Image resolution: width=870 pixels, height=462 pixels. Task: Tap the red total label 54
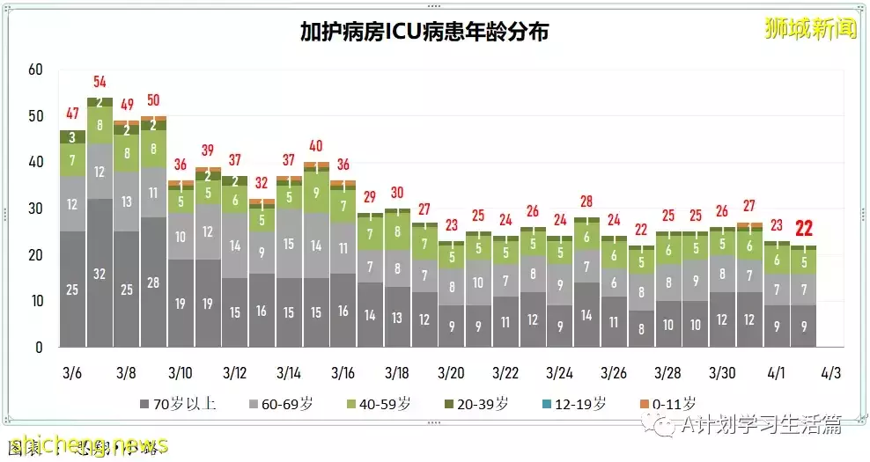pyautogui.click(x=100, y=84)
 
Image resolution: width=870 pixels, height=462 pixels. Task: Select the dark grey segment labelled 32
pyautogui.click(x=100, y=273)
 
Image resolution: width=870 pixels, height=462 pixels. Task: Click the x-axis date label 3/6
pyautogui.click(x=72, y=373)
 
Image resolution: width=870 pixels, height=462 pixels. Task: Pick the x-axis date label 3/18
pyautogui.click(x=396, y=373)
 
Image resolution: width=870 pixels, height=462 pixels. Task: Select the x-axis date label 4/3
pyautogui.click(x=830, y=373)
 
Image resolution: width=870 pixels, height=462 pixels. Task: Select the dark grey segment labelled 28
pyautogui.click(x=153, y=282)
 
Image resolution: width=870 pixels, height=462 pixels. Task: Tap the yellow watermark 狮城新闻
pyautogui.click(x=810, y=28)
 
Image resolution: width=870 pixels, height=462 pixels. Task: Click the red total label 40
pyautogui.click(x=315, y=146)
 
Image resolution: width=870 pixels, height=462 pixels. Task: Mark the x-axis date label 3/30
pyautogui.click(x=722, y=373)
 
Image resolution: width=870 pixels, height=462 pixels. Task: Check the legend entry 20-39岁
pyautogui.click(x=476, y=405)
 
